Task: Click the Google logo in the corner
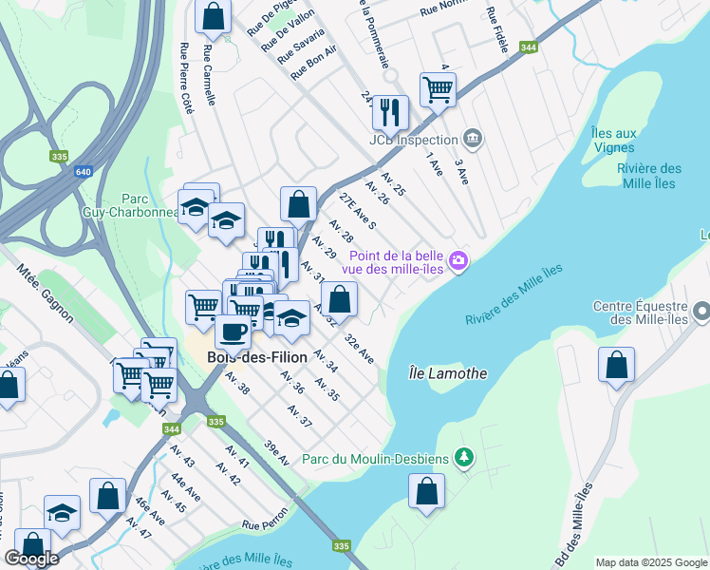coord(31,559)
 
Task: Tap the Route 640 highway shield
coord(83,172)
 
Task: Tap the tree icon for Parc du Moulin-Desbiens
coord(463,459)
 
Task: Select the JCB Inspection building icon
coord(473,140)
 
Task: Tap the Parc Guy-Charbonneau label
coord(133,206)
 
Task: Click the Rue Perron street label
coord(264,523)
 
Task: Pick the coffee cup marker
coord(233,332)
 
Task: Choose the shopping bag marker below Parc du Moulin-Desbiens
coord(427,492)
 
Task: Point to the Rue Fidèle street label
coord(497,30)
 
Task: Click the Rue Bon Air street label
coord(314,62)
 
